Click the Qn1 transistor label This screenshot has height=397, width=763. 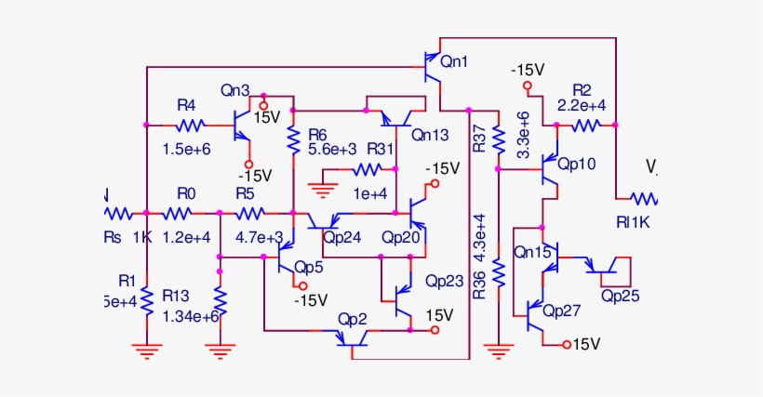455,62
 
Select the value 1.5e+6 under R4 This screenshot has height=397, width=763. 186,148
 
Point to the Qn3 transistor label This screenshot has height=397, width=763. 234,91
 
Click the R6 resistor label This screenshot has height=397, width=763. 318,134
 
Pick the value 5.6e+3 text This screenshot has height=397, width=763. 332,150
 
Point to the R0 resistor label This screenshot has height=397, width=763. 186,193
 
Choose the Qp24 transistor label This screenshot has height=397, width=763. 341,236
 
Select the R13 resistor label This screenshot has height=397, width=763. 176,295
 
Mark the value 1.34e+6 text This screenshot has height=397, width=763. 190,316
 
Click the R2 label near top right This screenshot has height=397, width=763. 582,90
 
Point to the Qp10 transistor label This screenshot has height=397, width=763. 576,163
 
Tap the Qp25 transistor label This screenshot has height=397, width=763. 619,296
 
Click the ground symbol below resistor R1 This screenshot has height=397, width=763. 146,351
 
